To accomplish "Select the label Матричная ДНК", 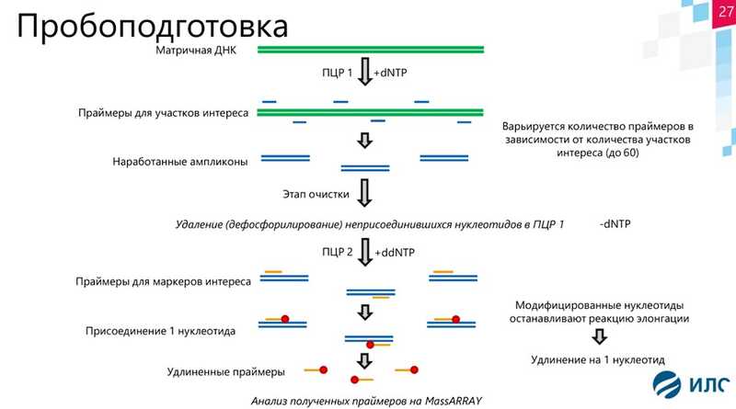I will pos(197,50).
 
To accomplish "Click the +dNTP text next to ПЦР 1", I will pos(390,72).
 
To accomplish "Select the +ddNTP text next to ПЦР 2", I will pos(395,250).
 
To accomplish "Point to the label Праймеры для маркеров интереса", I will pos(163,280).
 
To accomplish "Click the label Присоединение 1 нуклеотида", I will pos(159,329).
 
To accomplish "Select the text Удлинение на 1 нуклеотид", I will pos(598,359).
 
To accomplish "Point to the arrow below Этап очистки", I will pos(364,193).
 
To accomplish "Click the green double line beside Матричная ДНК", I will pos(371,50).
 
